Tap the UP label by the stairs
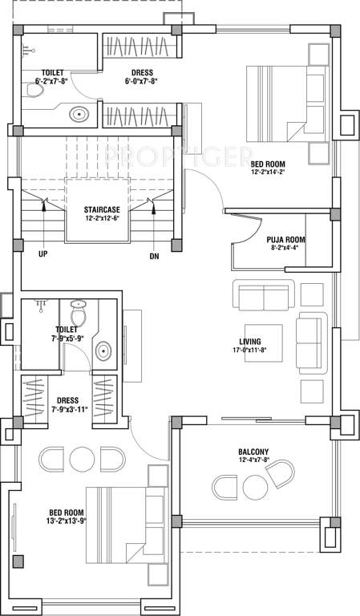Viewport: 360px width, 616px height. [x=42, y=256]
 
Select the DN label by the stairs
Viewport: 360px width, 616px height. [x=153, y=256]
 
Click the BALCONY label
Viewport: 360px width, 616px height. [x=253, y=451]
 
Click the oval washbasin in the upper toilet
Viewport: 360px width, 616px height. [x=80, y=114]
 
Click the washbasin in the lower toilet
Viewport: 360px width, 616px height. [x=103, y=351]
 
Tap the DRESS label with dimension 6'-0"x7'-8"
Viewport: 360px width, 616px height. [x=143, y=71]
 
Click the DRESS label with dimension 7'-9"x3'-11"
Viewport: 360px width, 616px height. [x=67, y=400]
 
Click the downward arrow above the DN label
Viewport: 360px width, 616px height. [x=153, y=229]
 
